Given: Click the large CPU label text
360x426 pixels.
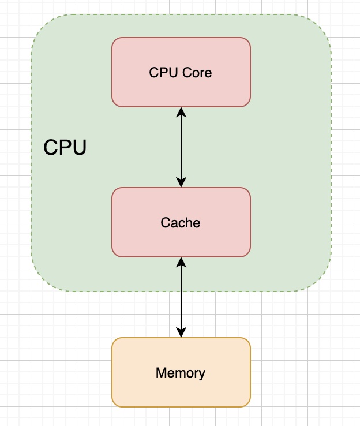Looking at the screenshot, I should [x=65, y=148].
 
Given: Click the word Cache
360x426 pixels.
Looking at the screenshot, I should [x=181, y=223].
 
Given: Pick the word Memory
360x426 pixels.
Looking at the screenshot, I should [x=181, y=373].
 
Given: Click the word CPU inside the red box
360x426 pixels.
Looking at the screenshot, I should [x=162, y=73].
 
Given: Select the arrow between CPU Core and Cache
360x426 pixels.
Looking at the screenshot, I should [x=181, y=147].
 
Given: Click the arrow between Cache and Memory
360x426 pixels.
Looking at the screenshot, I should [x=181, y=297].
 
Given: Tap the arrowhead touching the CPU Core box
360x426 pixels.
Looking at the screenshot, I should [x=181, y=111].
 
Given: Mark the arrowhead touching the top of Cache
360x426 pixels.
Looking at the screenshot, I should [x=181, y=183].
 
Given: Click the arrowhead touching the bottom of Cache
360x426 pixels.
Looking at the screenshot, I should [x=181, y=261].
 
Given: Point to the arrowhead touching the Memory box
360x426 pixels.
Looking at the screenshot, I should [x=181, y=333].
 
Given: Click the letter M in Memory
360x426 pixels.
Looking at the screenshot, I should [x=161, y=373].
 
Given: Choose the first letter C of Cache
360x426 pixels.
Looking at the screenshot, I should [x=165, y=223].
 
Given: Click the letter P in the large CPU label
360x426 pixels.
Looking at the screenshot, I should [x=65, y=148].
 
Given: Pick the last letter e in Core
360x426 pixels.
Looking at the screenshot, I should [x=208, y=73].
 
